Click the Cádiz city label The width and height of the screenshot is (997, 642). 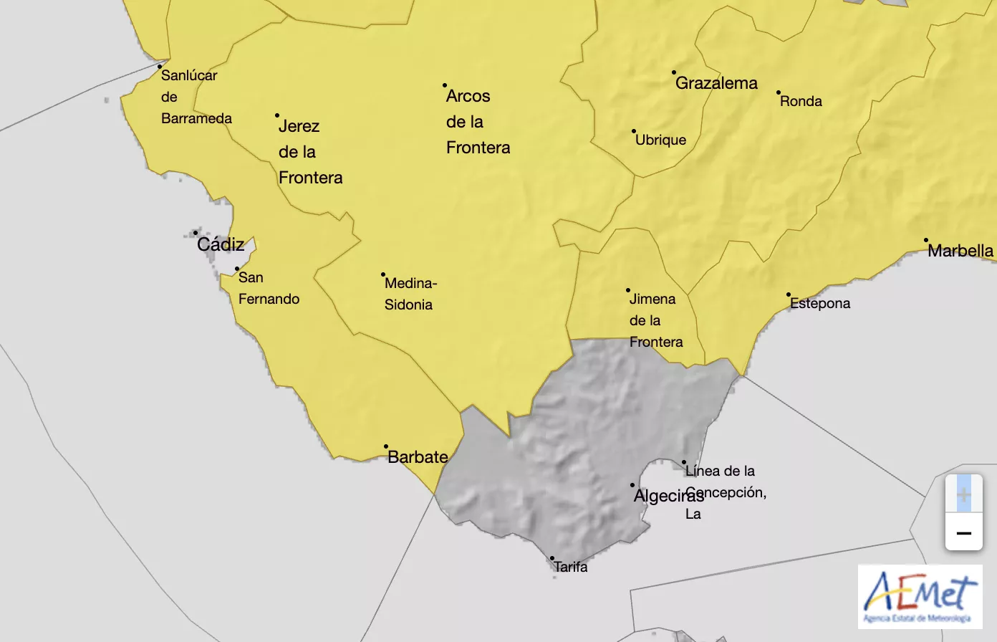(x=221, y=244)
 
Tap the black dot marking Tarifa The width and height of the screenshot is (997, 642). (x=552, y=558)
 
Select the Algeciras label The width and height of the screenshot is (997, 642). (x=668, y=496)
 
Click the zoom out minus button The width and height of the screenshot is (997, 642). (x=963, y=533)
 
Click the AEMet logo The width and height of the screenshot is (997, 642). (x=920, y=597)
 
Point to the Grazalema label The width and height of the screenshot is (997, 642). (x=716, y=83)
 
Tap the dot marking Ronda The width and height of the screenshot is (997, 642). (x=779, y=92)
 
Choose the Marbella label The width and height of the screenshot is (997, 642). (x=960, y=251)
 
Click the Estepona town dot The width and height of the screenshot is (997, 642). (x=789, y=294)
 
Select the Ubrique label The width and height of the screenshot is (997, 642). (x=660, y=140)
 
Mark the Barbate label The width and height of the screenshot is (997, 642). (x=418, y=457)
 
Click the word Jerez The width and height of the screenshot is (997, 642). (x=299, y=126)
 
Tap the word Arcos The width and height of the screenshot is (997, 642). (x=468, y=96)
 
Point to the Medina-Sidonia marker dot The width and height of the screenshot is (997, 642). (x=383, y=274)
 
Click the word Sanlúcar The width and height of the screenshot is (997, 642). (x=189, y=75)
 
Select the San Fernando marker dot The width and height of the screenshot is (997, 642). (x=237, y=269)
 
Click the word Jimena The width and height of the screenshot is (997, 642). (x=652, y=299)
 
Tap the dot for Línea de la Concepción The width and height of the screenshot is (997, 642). (x=684, y=462)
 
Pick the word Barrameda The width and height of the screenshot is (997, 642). (x=196, y=118)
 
